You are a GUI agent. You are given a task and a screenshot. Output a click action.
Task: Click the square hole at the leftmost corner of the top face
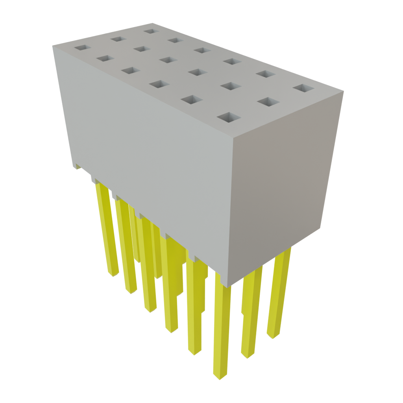[83, 47]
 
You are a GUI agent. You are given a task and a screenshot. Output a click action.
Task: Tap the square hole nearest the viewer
[229, 117]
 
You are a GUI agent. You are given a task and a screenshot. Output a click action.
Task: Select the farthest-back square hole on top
[150, 31]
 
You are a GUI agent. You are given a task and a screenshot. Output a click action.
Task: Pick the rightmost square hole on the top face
[303, 87]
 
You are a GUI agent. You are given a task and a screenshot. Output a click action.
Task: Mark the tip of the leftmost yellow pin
[113, 273]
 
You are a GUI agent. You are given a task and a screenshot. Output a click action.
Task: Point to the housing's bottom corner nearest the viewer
[222, 286]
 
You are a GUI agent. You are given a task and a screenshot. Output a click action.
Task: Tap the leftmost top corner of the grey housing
[52, 46]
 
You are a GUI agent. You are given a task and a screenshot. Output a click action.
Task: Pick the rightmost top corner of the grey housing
[344, 91]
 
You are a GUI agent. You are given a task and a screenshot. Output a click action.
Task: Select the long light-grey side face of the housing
[146, 157]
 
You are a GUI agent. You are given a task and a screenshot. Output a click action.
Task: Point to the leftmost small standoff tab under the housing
[77, 167]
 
